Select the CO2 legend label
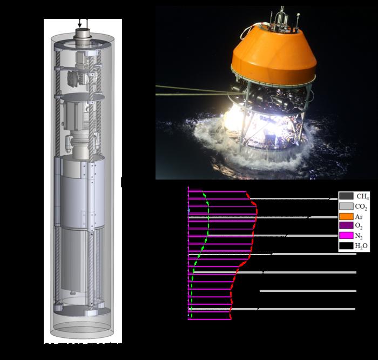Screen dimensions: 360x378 (x=362, y=206)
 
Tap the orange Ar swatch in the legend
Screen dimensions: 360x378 (x=346, y=216)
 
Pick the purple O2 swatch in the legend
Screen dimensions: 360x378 (x=346, y=226)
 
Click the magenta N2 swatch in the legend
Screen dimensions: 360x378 (x=346, y=236)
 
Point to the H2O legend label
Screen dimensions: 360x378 (x=362, y=246)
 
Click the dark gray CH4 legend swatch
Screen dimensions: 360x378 (x=346, y=196)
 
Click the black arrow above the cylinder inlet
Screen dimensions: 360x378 (x=81, y=23)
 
